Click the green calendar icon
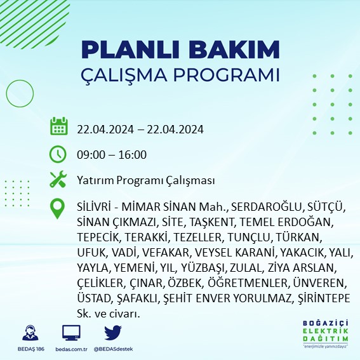pos(58,126)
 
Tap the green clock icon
pos(58,154)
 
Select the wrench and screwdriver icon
pos(58,180)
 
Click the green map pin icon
pos(58,208)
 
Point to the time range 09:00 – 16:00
pos(112,154)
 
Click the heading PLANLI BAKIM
pos(180,50)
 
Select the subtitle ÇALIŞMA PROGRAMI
pos(180,74)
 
